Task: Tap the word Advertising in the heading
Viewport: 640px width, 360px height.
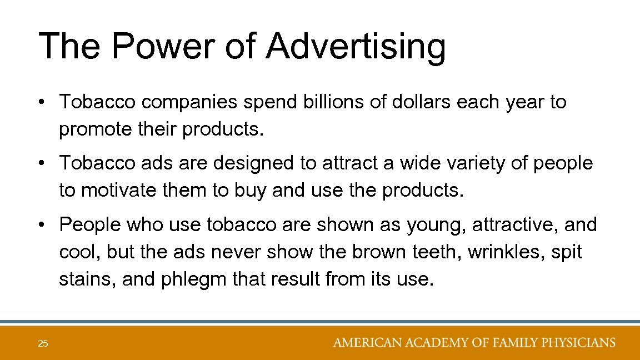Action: (356, 47)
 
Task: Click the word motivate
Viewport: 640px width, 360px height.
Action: (115, 191)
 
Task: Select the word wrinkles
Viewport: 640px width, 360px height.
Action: (508, 252)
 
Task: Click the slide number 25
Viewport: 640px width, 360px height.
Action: (43, 344)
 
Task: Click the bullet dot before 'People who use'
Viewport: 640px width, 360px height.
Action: (43, 225)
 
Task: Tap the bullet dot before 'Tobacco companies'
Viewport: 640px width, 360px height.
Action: (43, 103)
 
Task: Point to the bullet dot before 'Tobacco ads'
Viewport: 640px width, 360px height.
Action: (43, 164)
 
